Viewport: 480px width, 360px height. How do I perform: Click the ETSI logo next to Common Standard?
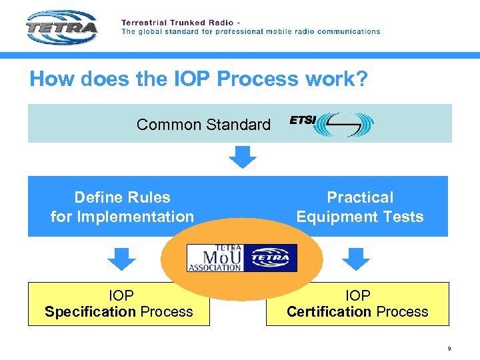(331, 124)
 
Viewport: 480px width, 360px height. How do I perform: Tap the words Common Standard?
(203, 125)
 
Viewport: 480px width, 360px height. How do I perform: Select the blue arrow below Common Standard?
(243, 157)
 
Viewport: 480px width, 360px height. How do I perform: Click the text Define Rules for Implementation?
(122, 207)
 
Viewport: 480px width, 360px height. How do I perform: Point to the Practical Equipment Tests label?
(360, 207)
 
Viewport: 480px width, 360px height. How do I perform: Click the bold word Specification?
(90, 312)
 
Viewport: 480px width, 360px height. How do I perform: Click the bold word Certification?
(329, 312)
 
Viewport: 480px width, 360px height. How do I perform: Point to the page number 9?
(449, 349)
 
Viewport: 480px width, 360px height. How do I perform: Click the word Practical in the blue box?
(360, 197)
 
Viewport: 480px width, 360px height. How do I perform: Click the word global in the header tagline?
(152, 31)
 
